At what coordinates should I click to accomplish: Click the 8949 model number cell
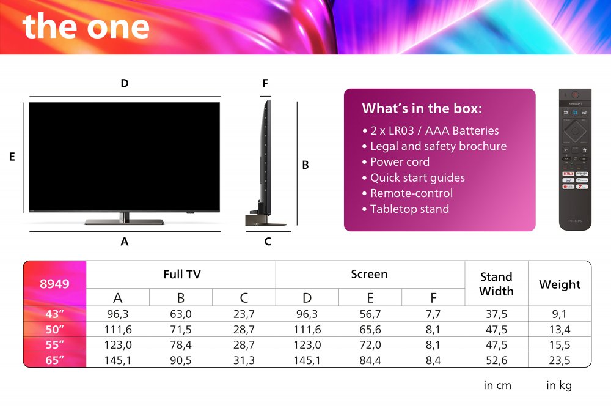point(55,284)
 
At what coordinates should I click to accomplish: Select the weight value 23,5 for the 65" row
point(559,360)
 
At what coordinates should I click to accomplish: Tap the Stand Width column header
point(496,284)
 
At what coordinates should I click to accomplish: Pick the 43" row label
point(55,314)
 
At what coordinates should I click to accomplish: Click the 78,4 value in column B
point(181,345)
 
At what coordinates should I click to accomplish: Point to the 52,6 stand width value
point(496,360)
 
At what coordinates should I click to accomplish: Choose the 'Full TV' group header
point(181,275)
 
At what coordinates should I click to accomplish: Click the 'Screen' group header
point(369,275)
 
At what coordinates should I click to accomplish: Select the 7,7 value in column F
point(433,314)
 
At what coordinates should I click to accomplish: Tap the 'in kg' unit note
point(559,385)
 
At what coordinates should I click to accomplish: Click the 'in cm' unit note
point(497,385)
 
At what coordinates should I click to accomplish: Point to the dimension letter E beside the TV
point(12,157)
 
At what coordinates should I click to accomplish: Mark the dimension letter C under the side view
point(268,242)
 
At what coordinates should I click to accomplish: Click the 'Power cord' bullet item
point(400,162)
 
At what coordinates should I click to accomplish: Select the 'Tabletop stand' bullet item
point(409,209)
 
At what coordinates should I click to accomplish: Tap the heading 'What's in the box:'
point(422,109)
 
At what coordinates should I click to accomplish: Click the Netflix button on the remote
point(568,174)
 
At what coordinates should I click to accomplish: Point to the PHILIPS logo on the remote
point(575,221)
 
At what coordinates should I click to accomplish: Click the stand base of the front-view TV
point(124,221)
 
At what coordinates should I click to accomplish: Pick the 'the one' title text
point(86,26)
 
